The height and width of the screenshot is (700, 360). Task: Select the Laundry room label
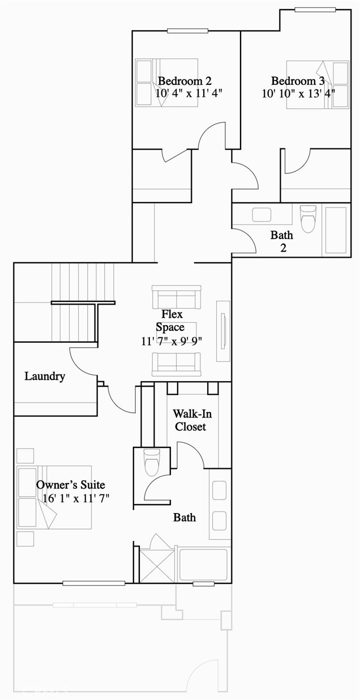coord(45,376)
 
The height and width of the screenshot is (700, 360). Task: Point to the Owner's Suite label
coord(71,485)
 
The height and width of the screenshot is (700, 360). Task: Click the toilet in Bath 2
coord(307,219)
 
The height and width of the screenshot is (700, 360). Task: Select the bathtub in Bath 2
coord(335,230)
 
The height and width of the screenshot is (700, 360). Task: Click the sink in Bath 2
coord(262,215)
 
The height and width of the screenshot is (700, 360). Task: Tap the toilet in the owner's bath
coord(152,462)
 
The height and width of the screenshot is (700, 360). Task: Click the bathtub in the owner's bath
coord(203,564)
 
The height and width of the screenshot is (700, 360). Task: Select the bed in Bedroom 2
coord(166,83)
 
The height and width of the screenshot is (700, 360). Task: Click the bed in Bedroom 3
coord(317,84)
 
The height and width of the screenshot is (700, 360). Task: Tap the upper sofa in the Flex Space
coord(177,297)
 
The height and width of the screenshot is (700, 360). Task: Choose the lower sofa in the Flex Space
coord(177,364)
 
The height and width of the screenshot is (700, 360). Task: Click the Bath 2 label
coord(281,241)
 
